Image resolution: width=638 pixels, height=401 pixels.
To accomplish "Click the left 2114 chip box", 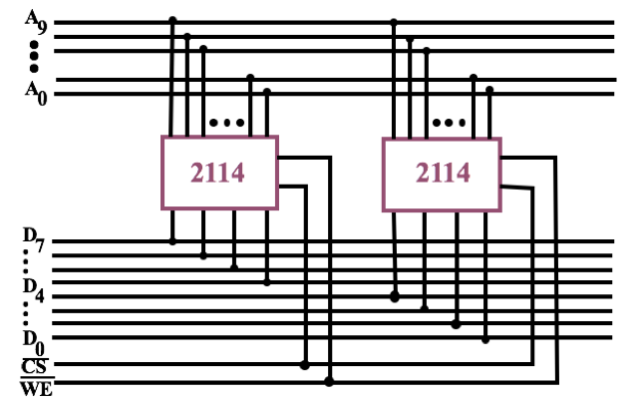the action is click(218, 173).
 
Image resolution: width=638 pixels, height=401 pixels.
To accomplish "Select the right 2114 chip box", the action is click(442, 173).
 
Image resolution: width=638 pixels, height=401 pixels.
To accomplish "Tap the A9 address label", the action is click(36, 20).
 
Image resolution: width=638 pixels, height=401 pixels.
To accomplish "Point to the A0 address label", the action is click(36, 93).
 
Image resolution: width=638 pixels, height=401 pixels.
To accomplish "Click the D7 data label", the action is click(34, 238).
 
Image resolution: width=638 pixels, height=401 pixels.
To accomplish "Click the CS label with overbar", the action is click(34, 366).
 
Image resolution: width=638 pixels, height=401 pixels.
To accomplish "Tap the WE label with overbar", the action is click(36, 387).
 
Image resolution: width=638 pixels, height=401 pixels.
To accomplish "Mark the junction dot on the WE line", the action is click(329, 381).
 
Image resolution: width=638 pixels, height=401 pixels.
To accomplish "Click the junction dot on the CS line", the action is click(305, 365).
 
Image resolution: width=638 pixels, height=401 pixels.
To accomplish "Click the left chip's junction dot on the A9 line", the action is click(172, 20).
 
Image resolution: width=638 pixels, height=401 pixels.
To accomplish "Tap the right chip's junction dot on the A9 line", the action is click(395, 20).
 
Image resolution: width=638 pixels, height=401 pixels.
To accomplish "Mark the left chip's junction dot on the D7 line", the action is click(172, 240).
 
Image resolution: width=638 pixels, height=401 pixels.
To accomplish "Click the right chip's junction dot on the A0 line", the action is click(489, 90).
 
